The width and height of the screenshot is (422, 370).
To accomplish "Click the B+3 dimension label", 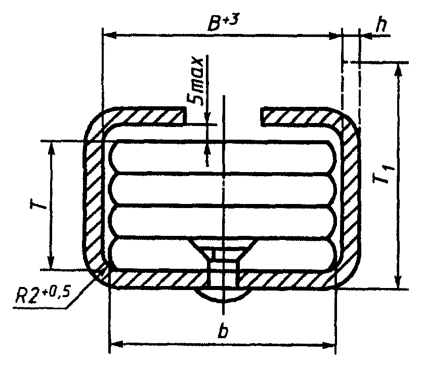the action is (223, 23).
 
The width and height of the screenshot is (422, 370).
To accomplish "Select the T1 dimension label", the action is (383, 173).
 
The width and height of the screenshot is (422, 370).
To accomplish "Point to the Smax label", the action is (195, 81).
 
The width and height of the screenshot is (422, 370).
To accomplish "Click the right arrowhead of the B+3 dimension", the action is (335, 35).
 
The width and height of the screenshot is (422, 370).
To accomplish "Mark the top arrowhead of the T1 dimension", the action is (398, 70).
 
